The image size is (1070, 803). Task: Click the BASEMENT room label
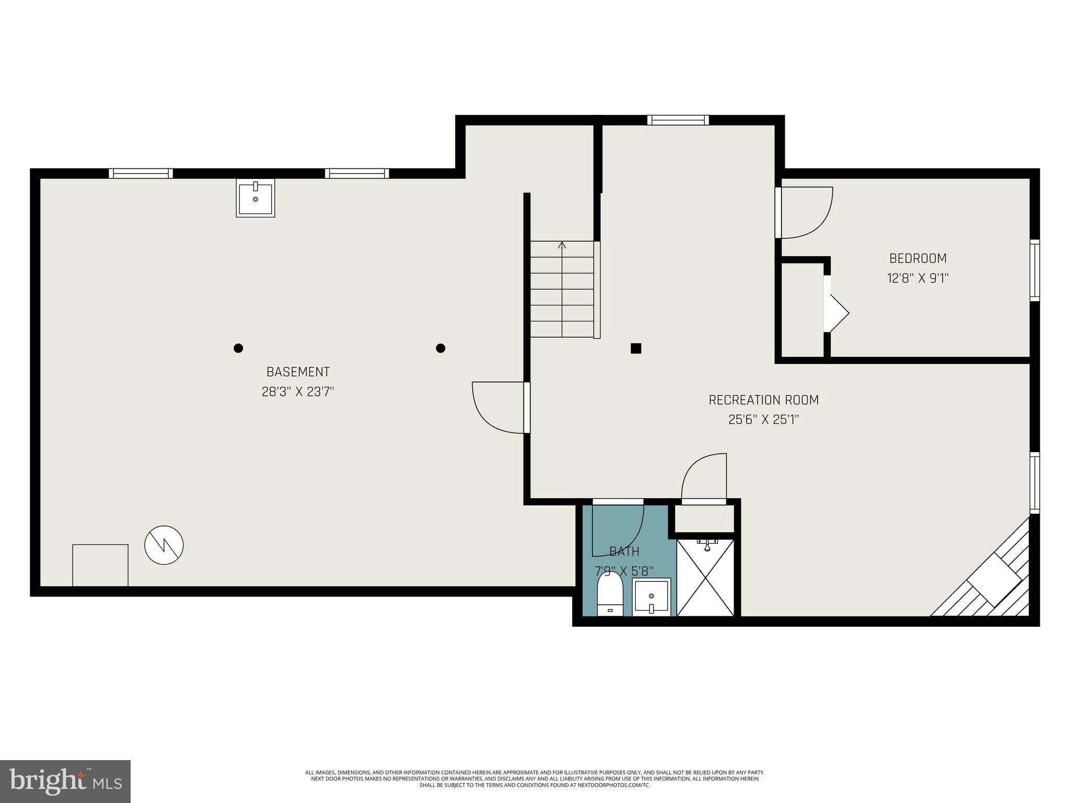tap(298, 372)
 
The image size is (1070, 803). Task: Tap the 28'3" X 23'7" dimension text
tap(298, 392)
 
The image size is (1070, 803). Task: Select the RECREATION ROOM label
tap(763, 400)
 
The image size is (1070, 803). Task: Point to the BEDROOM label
tap(917, 258)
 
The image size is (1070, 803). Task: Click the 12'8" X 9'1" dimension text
tap(917, 278)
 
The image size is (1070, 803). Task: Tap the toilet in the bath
tap(610, 595)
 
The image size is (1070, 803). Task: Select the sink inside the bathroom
tap(651, 597)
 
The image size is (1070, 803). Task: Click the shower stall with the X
tap(705, 578)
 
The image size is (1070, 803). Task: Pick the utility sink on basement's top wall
tap(255, 198)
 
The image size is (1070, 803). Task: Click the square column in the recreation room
tap(636, 349)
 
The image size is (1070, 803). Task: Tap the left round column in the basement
tap(238, 348)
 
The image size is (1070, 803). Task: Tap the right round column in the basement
tap(440, 348)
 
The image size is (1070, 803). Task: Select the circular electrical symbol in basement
tap(164, 545)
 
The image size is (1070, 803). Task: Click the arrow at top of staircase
tap(562, 245)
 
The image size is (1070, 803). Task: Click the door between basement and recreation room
tap(499, 408)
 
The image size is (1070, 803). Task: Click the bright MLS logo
tap(65, 781)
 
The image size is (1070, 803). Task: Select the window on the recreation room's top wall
tap(678, 120)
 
